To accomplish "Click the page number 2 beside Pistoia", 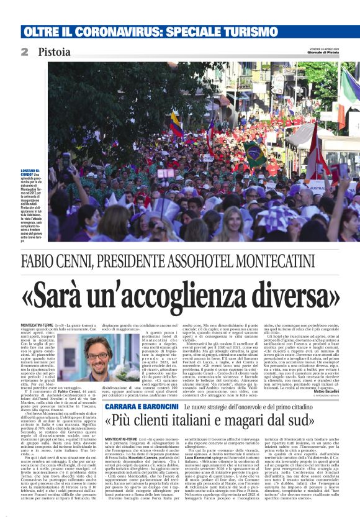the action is coord(24,52).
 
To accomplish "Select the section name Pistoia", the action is coord(53,52).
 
